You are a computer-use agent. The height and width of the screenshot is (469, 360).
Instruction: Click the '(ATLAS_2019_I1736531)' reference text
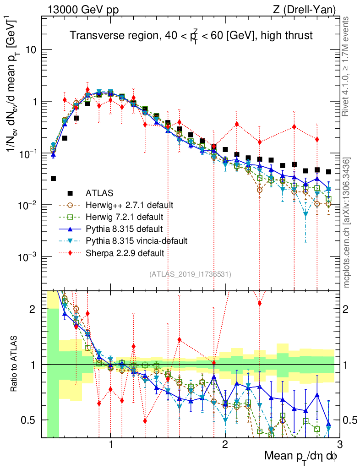coord(190,274)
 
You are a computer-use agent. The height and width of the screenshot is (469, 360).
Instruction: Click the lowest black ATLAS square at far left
coord(53,178)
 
